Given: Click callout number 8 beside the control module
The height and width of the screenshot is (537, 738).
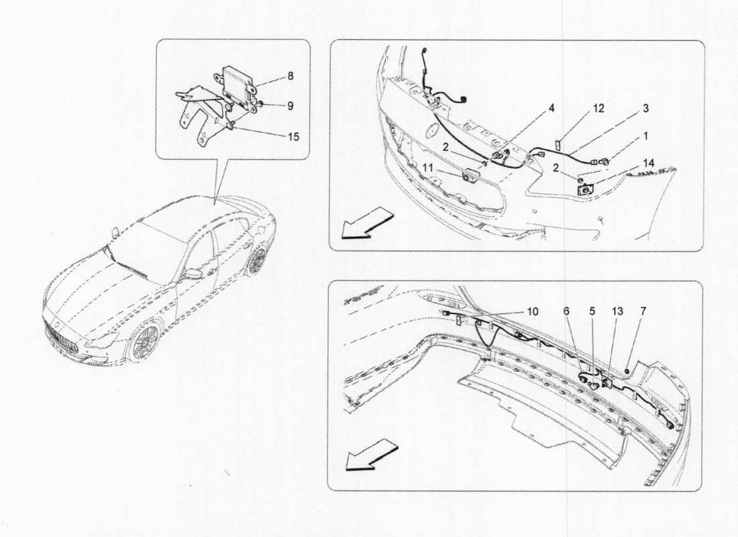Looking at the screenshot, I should [x=291, y=77].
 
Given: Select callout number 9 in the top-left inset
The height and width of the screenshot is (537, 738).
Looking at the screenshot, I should [x=291, y=105].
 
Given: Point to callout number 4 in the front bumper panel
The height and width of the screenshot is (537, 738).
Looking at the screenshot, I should [x=551, y=107].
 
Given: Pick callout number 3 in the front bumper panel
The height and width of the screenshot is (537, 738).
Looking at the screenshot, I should [x=645, y=107].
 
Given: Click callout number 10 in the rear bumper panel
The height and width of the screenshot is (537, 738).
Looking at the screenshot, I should [x=532, y=311].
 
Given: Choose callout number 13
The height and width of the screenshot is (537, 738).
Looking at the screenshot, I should [x=617, y=311].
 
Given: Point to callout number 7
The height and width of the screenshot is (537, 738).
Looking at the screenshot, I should [x=643, y=311].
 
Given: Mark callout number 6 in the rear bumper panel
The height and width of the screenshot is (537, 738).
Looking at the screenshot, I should [x=566, y=311].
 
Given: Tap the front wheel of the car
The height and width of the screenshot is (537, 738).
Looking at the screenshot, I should [x=142, y=343].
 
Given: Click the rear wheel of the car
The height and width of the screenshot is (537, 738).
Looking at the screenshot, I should [x=256, y=259].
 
